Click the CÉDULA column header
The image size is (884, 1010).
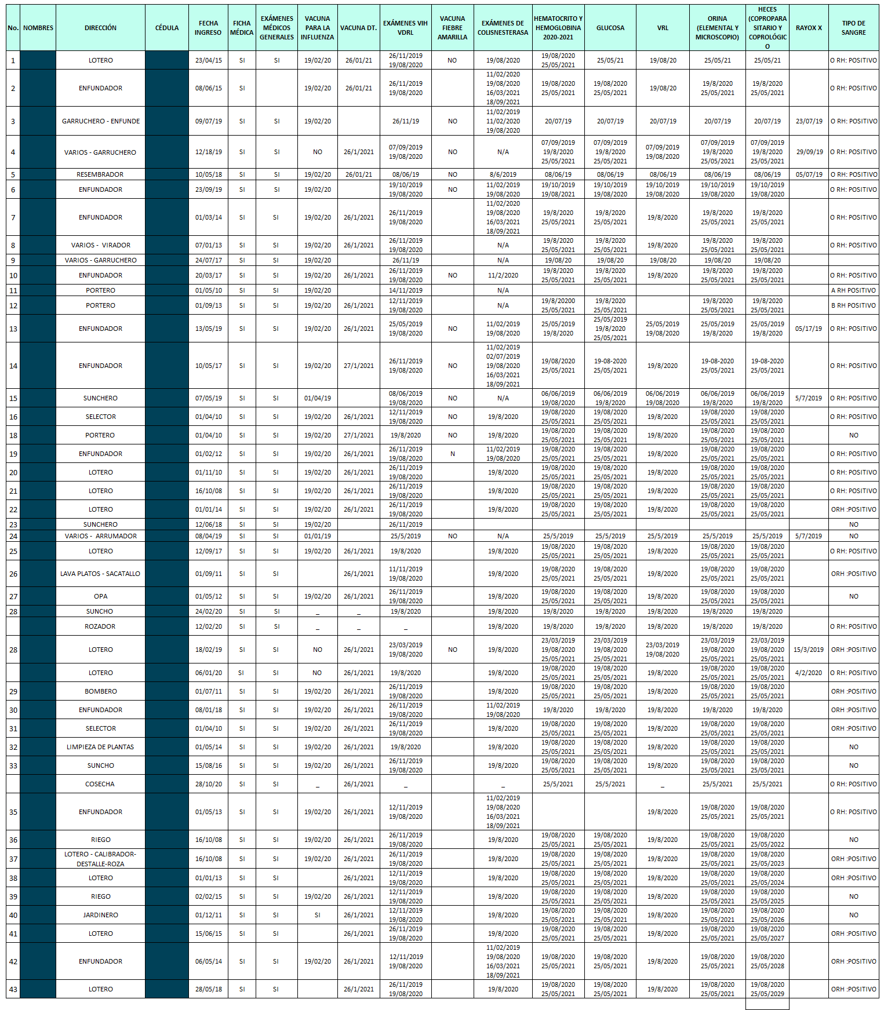[x=167, y=28]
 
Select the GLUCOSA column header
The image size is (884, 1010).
[x=610, y=28]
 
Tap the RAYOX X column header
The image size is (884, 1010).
[x=809, y=28]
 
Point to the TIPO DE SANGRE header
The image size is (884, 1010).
[x=853, y=28]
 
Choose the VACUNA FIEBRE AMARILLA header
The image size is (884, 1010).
[x=452, y=28]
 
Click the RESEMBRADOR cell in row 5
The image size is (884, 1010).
[x=100, y=174]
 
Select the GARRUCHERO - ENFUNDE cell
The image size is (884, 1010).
[x=101, y=121]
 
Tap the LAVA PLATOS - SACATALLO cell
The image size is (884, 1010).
[x=100, y=574]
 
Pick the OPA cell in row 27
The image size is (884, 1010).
[x=100, y=596]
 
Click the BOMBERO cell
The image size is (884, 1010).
[x=100, y=691]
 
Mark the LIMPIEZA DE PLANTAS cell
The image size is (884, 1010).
[x=100, y=747]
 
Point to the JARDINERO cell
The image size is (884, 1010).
[x=100, y=915]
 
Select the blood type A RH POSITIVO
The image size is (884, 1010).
[x=853, y=290]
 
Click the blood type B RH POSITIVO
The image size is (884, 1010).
[x=853, y=305]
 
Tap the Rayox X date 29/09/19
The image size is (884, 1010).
[x=809, y=152]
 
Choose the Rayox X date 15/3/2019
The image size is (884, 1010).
[x=809, y=650]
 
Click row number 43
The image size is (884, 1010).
[x=13, y=989]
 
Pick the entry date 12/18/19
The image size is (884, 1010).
[x=208, y=152]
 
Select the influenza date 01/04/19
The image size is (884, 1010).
[x=318, y=398]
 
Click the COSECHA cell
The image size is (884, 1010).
[x=100, y=784]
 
